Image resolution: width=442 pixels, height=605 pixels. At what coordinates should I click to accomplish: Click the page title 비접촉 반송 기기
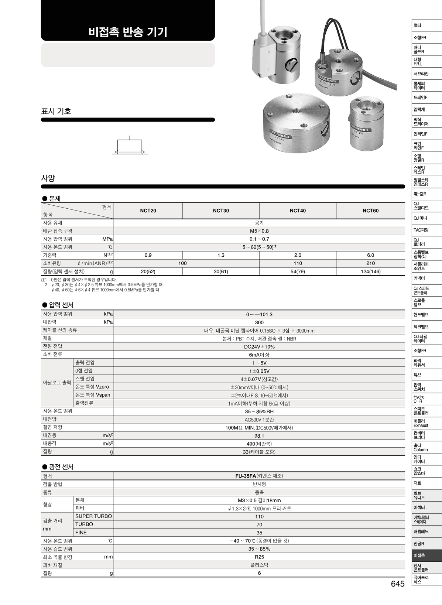point(128,32)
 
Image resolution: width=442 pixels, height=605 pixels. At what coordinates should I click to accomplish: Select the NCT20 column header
point(148,211)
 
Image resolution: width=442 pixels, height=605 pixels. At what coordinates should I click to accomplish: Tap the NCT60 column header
point(370,211)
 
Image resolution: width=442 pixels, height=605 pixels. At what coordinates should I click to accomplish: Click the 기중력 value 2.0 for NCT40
point(298,255)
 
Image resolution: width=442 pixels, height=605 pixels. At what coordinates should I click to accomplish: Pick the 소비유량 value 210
point(370,263)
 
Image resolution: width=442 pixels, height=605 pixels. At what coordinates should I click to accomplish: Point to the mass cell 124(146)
point(370,271)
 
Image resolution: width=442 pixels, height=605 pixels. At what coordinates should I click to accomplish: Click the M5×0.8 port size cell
point(259,231)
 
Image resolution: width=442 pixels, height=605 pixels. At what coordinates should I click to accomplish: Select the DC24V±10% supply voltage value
point(259,347)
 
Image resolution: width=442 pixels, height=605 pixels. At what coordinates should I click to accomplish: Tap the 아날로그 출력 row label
point(57,383)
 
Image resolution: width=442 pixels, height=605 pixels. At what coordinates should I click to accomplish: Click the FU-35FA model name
point(246,476)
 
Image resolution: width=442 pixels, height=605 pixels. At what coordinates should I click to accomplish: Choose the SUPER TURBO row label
point(93,516)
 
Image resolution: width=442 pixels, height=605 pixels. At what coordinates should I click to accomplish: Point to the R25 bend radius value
point(259,557)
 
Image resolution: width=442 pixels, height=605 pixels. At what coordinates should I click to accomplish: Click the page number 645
point(398,584)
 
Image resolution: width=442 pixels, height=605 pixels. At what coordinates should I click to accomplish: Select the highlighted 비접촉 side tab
point(427,556)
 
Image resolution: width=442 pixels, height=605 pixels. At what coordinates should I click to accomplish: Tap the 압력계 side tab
point(427,109)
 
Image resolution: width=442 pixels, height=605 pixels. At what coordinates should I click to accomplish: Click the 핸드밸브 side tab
point(427,315)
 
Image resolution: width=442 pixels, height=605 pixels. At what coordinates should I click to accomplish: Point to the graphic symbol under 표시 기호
point(130,147)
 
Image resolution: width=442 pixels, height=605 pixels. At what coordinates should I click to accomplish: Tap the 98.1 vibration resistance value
point(259,436)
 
